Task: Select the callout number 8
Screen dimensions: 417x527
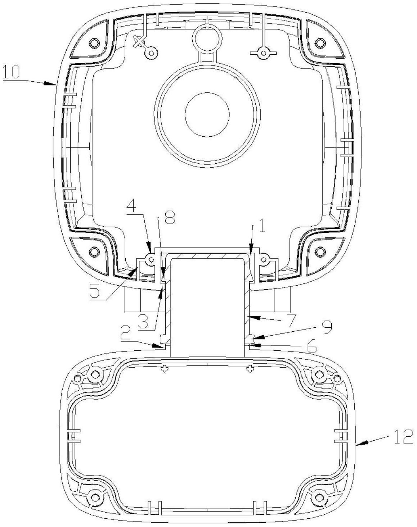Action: click(170, 217)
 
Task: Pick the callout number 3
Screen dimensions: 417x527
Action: click(143, 321)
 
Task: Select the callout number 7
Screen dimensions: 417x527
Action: click(291, 320)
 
